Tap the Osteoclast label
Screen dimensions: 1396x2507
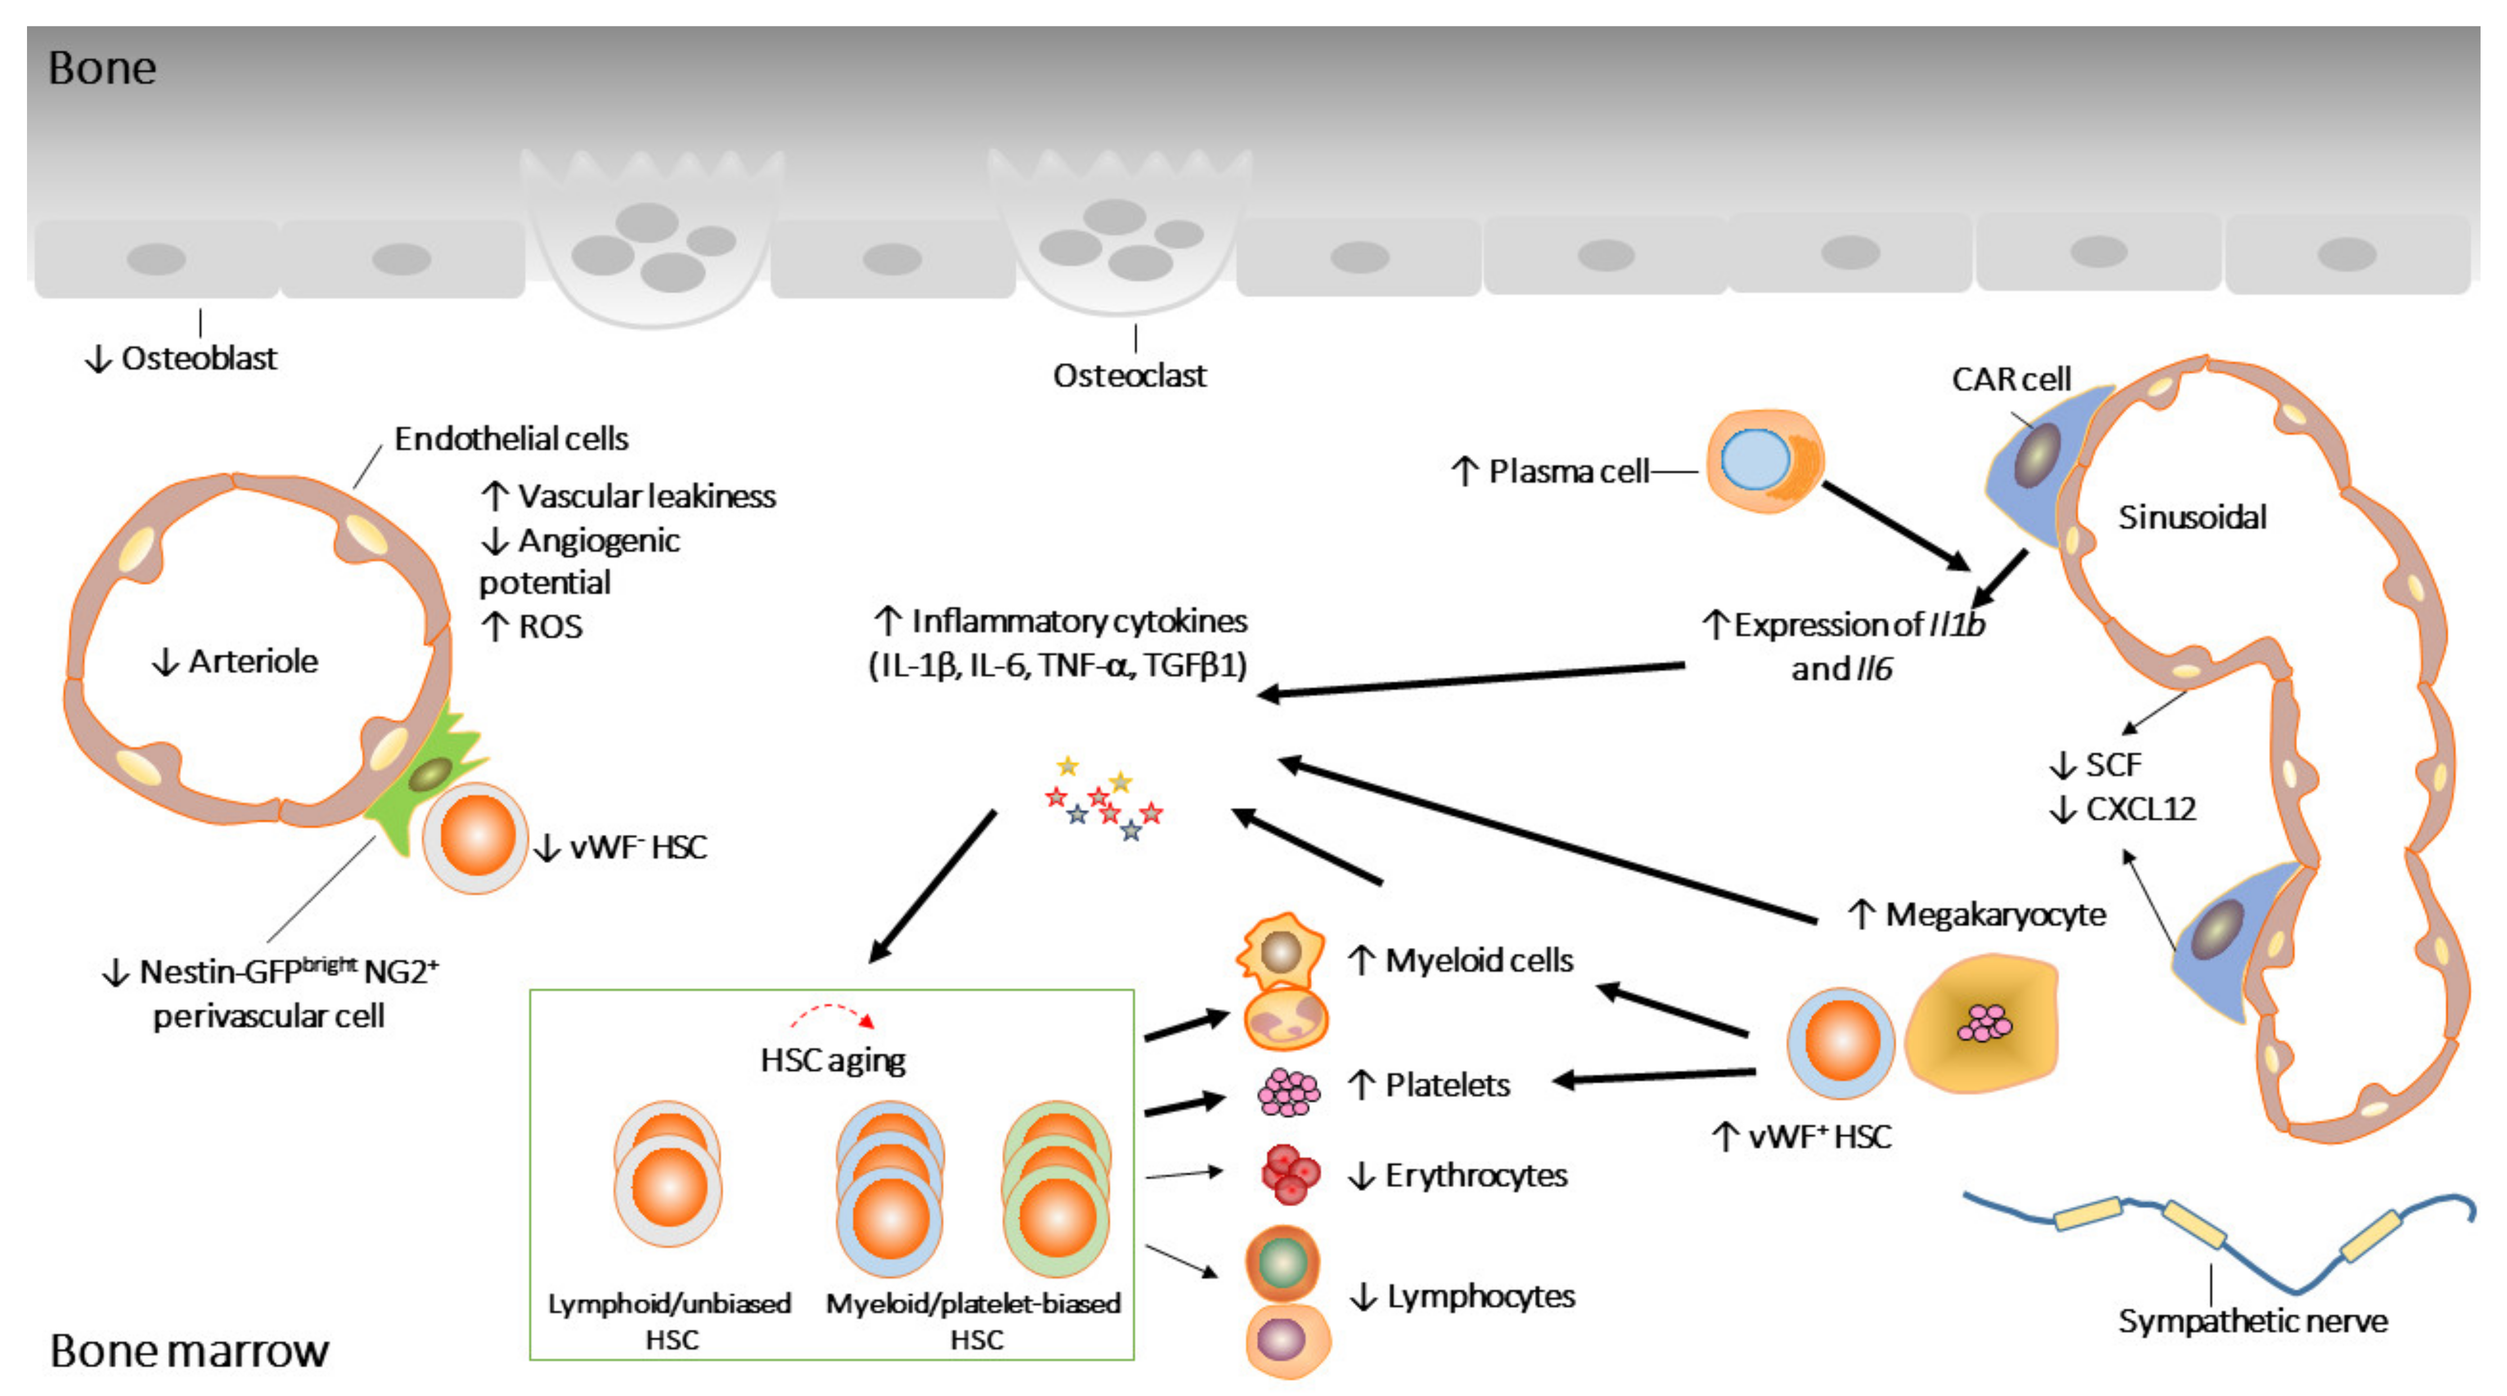point(1129,376)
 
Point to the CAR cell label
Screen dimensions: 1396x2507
point(2011,379)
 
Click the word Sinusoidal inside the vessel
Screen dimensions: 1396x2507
point(2192,517)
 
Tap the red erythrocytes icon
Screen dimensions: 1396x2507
point(1290,1174)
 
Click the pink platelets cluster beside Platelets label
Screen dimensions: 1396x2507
point(1288,1091)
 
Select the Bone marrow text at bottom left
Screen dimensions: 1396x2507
point(189,1350)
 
